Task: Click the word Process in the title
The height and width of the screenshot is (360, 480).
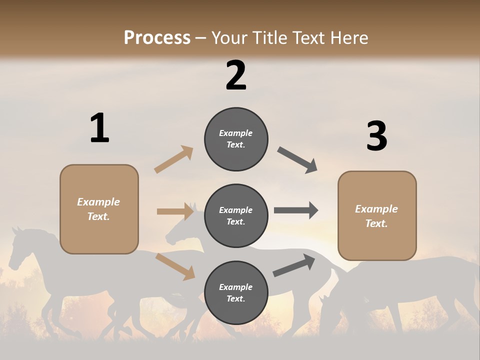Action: (x=157, y=38)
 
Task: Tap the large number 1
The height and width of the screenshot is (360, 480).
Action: (x=99, y=128)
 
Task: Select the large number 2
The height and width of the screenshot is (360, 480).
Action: (x=236, y=75)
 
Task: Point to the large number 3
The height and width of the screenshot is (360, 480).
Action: (x=376, y=136)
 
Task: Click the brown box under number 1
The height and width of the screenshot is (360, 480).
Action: (x=99, y=209)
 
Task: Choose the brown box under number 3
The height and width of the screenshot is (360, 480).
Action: (x=377, y=216)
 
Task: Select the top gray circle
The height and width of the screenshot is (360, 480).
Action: (x=236, y=139)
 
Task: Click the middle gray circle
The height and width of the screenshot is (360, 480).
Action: (x=236, y=215)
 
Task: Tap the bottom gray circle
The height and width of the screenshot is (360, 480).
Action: (x=236, y=292)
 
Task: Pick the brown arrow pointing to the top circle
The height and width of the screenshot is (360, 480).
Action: (x=174, y=159)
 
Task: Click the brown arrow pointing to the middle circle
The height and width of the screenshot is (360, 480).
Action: (x=175, y=211)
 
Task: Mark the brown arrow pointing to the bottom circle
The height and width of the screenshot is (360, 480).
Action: (x=175, y=266)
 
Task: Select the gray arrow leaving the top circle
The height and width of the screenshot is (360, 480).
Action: (x=297, y=160)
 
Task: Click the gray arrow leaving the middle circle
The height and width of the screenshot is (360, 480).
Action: (x=296, y=210)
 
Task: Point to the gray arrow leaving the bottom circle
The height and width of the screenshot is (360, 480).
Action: (x=294, y=265)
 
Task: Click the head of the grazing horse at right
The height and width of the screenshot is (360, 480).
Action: (x=328, y=307)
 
